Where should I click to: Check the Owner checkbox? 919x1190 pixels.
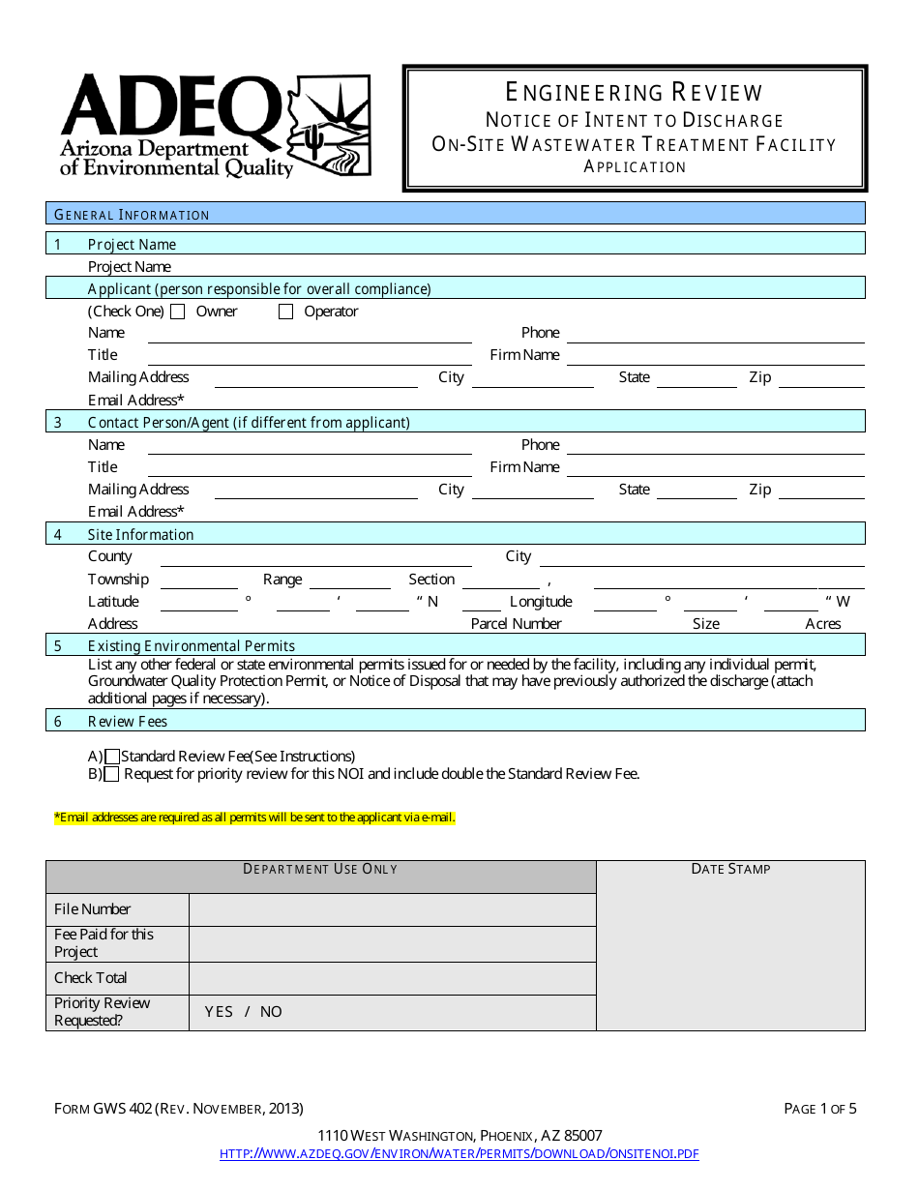[x=178, y=312]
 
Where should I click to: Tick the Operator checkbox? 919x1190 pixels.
[x=285, y=312]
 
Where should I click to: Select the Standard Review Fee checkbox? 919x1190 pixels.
[x=113, y=757]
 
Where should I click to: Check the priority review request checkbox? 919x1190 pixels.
[x=112, y=774]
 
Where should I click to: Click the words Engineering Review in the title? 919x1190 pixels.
[x=635, y=92]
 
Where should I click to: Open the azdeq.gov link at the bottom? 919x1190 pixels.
[x=459, y=1153]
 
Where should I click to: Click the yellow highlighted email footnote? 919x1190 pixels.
[x=254, y=818]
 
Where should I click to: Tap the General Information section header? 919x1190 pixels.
[x=132, y=215]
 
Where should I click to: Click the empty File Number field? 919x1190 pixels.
[x=392, y=909]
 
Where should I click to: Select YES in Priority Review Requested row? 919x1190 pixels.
[x=220, y=1012]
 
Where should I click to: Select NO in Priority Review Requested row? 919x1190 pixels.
[x=271, y=1012]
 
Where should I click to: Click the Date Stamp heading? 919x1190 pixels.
[x=730, y=869]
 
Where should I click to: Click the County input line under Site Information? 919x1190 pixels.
[x=315, y=558]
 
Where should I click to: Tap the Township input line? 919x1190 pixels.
[x=199, y=581]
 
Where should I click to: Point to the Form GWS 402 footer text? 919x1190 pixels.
[x=179, y=1109]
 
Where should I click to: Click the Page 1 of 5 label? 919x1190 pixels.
[x=819, y=1109]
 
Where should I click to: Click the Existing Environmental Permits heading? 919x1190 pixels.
[x=192, y=645]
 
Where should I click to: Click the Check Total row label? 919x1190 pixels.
[x=91, y=978]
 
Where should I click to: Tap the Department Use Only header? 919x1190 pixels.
[x=320, y=869]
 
